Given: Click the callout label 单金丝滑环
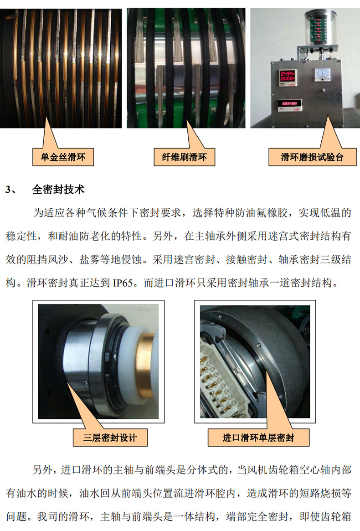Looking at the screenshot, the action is point(63,157).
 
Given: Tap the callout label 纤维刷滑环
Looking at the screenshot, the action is point(184,157).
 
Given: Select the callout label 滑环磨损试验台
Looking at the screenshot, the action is point(312,157).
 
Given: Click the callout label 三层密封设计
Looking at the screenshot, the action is point(110,438).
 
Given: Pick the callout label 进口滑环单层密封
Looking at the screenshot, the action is point(258,438).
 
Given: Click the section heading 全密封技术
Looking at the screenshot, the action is point(58,189).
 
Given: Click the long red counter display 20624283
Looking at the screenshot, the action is point(289,103).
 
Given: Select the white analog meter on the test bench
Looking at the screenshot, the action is point(323,74).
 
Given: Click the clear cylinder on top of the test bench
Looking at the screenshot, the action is point(320,27).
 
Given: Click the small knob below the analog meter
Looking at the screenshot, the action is point(324,90).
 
